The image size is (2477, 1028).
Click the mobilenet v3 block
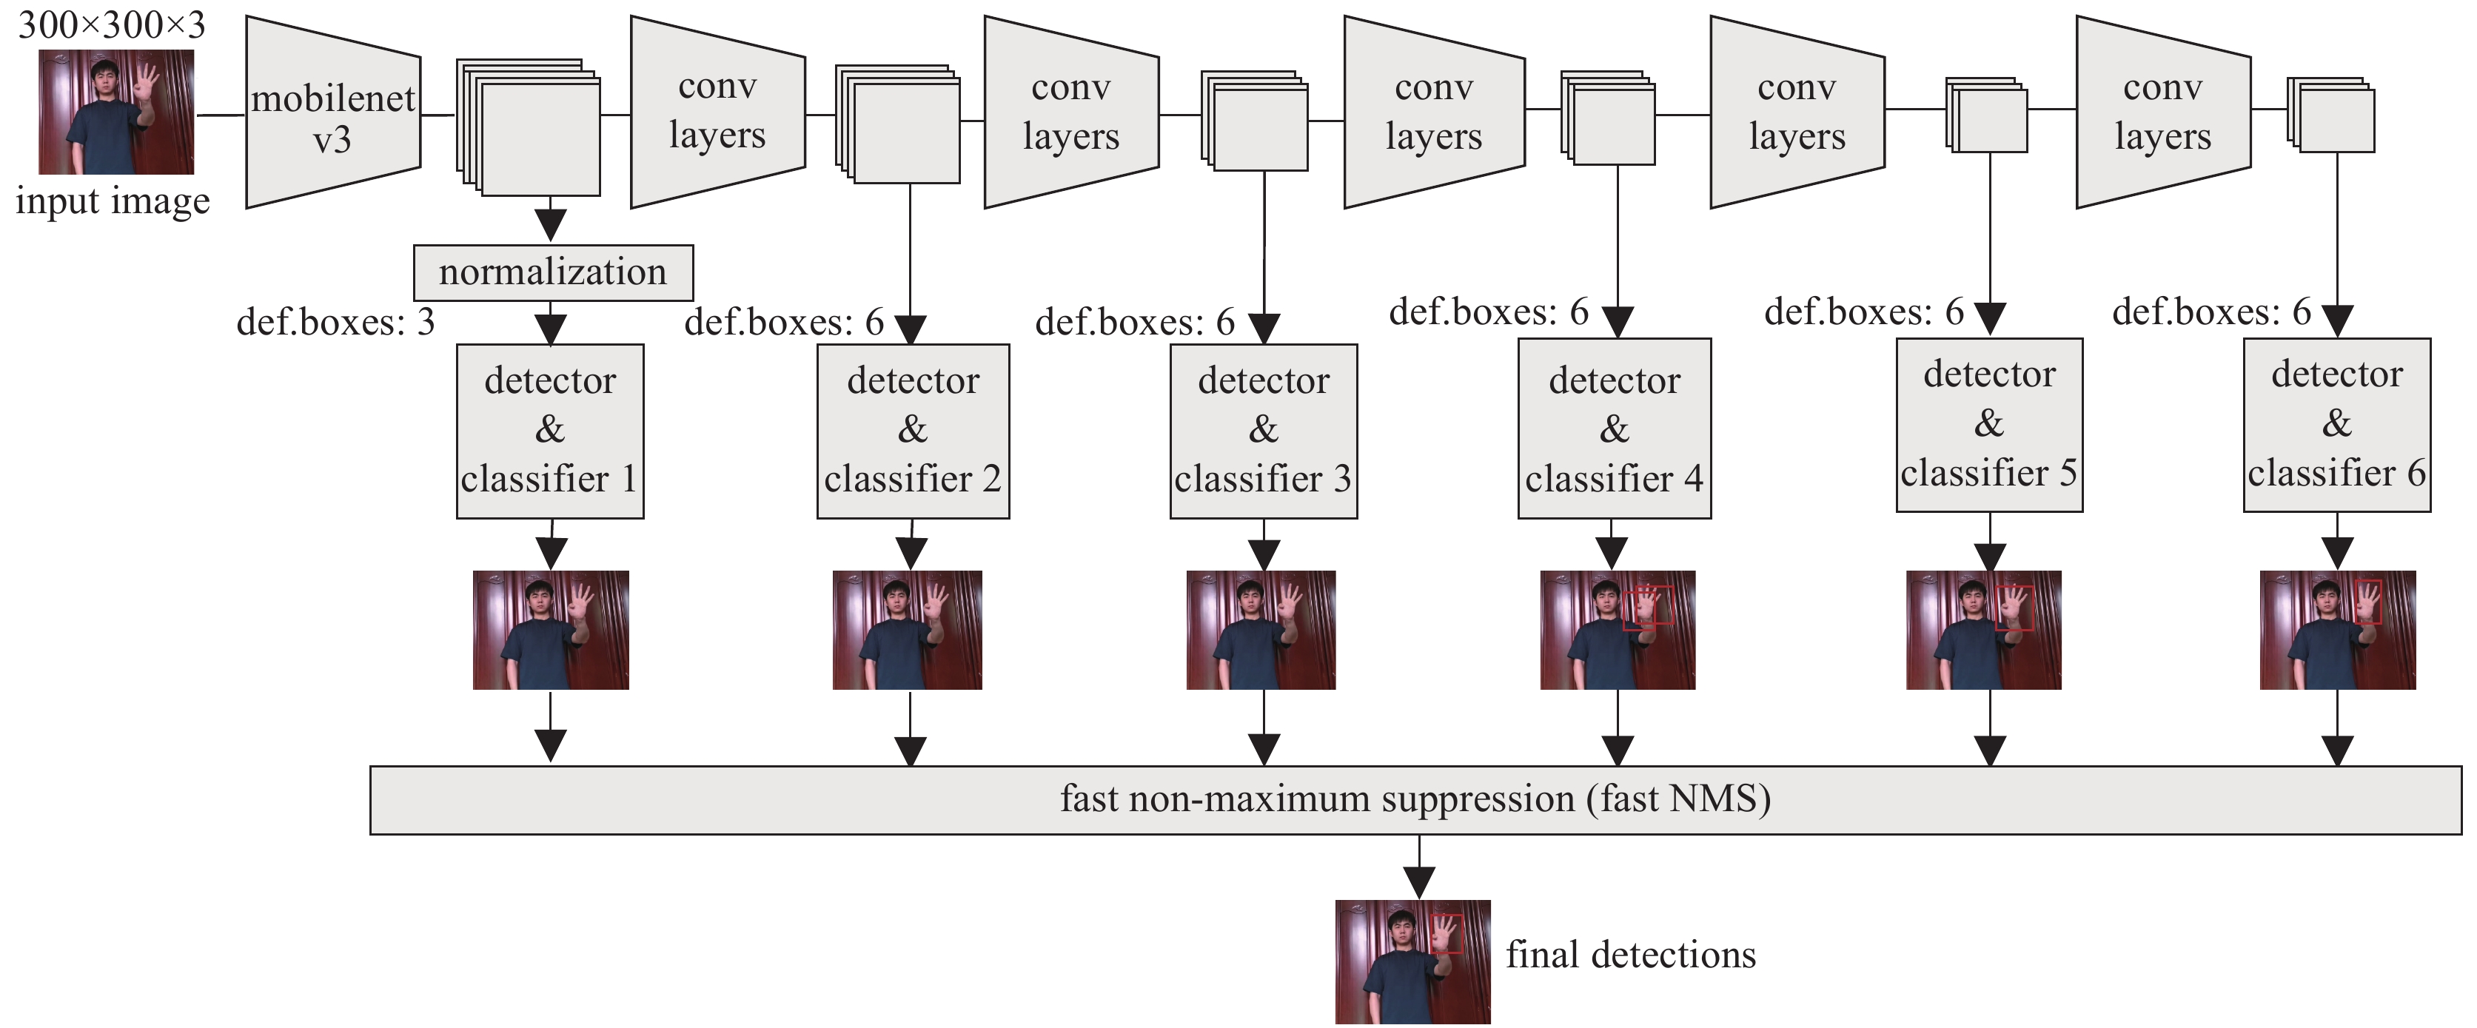coord(332,112)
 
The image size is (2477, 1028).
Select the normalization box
coord(553,272)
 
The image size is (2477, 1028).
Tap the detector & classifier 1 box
coord(550,431)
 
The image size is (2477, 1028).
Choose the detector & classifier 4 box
coord(1615,429)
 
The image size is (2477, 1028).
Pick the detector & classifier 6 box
coord(2336,424)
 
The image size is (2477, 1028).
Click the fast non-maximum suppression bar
coord(1415,799)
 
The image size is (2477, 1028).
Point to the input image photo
coord(116,112)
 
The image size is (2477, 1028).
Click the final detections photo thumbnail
coord(1412,961)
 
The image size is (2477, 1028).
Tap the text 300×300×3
coord(112,24)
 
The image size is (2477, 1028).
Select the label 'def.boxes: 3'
coord(335,322)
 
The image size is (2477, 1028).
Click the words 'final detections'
coord(1631,955)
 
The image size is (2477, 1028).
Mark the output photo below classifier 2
coord(907,630)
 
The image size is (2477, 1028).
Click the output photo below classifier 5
coord(1984,630)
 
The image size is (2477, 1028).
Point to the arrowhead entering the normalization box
coord(550,225)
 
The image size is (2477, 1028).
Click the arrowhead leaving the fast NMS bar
coord(1419,881)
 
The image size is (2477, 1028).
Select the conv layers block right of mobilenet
coord(717,112)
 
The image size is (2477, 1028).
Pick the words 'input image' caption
coord(113,202)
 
